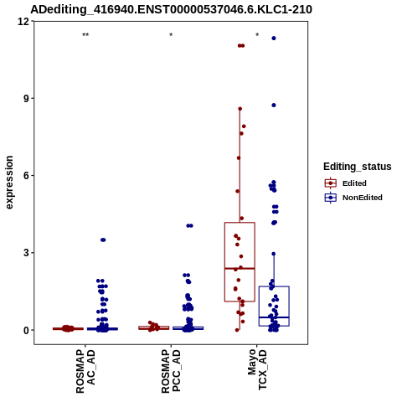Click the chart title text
coord(171,9)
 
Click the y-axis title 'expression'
coord(9,183)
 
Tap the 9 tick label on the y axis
coord(27,99)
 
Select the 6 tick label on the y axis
coord(27,176)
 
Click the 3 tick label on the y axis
coord(27,253)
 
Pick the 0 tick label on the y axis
coord(27,330)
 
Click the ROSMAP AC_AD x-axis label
coord(85,371)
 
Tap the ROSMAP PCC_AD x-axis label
coord(171,371)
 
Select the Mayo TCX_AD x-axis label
coord(257,369)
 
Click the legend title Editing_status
coord(358,167)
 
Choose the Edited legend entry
coord(354,183)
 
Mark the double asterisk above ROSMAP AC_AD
coord(85,35)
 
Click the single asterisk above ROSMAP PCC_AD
coord(171,35)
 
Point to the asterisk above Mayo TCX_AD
coord(257,35)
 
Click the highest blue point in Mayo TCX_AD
coord(274,39)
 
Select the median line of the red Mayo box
coord(240,268)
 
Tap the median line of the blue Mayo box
coord(274,317)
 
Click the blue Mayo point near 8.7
coord(274,106)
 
